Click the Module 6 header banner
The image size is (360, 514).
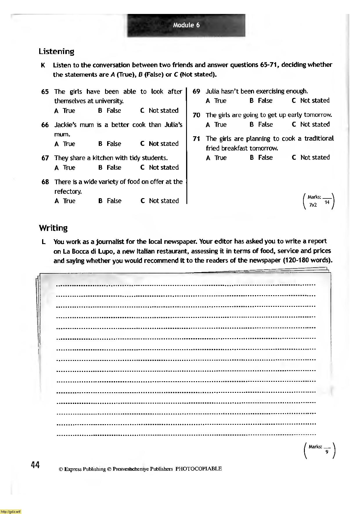186,25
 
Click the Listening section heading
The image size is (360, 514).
57,52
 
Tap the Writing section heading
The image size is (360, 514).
53,228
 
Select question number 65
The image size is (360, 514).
45,92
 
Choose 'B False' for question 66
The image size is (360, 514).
109,144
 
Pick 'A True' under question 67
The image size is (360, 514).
65,168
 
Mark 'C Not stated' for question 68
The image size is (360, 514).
159,201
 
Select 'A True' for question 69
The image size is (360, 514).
216,101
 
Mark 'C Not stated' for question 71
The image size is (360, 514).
311,157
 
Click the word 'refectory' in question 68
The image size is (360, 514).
68,191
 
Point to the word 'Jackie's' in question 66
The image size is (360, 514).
66,125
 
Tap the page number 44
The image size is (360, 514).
35,465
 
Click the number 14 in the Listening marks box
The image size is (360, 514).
327,203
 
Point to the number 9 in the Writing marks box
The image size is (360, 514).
327,452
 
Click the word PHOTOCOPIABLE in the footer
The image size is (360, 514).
199,469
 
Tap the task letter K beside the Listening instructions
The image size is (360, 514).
43,65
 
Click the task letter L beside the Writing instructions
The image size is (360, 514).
44,242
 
